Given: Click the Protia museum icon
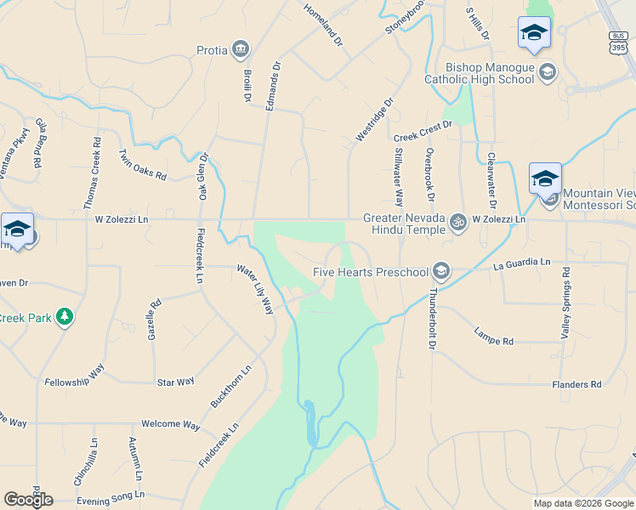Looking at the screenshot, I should coord(241,50).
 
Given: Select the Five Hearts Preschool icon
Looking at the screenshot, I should coord(440,271).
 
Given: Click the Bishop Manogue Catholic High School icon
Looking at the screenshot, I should coord(548,71).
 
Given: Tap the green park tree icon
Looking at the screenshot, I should coord(64,317).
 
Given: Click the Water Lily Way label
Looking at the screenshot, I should coord(255,289).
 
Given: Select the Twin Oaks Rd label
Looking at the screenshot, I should coord(143,164).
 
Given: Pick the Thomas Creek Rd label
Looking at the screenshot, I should coord(92,173).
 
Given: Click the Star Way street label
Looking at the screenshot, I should coord(175,382).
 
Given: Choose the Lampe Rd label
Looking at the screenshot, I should coord(494,335).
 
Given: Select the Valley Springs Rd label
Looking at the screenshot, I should coord(565,303).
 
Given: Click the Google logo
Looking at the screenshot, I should coord(28,500).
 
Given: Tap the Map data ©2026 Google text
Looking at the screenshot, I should coord(583,503).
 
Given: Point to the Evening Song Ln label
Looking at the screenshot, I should coord(111,496).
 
